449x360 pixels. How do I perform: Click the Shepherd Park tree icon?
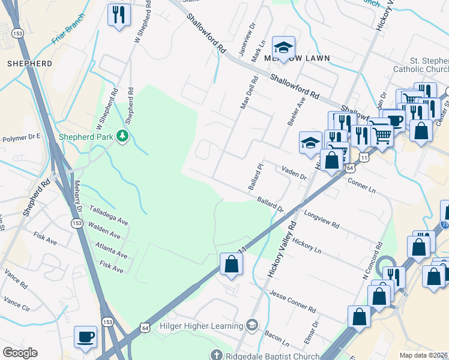point(122,136)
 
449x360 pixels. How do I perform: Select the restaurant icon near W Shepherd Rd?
point(118,14)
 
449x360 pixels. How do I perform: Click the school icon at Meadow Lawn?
point(284,47)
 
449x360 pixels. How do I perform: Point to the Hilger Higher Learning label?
point(200,326)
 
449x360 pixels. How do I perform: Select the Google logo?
point(20,353)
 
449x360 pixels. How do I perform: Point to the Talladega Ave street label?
point(109,212)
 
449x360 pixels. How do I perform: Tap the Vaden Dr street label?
point(294,173)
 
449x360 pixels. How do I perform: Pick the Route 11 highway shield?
point(364,157)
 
